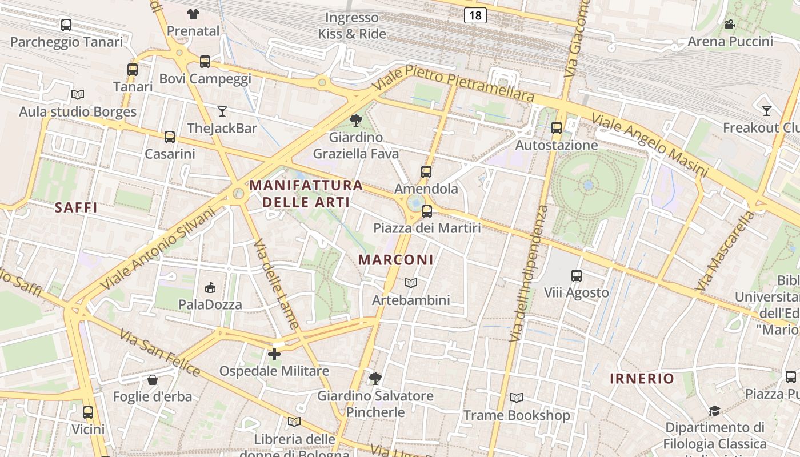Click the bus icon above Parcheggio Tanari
tap(66, 25)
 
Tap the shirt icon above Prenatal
tap(193, 14)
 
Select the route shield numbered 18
tap(475, 15)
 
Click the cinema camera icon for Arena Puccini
tap(730, 24)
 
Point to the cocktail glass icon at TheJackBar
tap(222, 111)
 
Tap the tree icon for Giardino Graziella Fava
tap(355, 120)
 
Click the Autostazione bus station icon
tap(557, 128)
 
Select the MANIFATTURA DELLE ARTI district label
tap(306, 193)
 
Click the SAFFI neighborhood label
tap(76, 207)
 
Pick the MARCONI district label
tap(395, 259)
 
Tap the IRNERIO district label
tap(642, 378)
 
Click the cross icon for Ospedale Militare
tap(274, 354)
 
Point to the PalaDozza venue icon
tap(210, 287)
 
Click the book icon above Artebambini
tap(411, 283)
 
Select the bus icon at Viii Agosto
tap(576, 276)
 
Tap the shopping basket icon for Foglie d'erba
tap(153, 380)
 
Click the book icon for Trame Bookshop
tap(516, 398)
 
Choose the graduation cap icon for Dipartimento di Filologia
tap(714, 411)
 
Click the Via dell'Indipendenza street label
tap(527, 274)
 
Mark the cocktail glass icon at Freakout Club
tap(767, 110)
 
